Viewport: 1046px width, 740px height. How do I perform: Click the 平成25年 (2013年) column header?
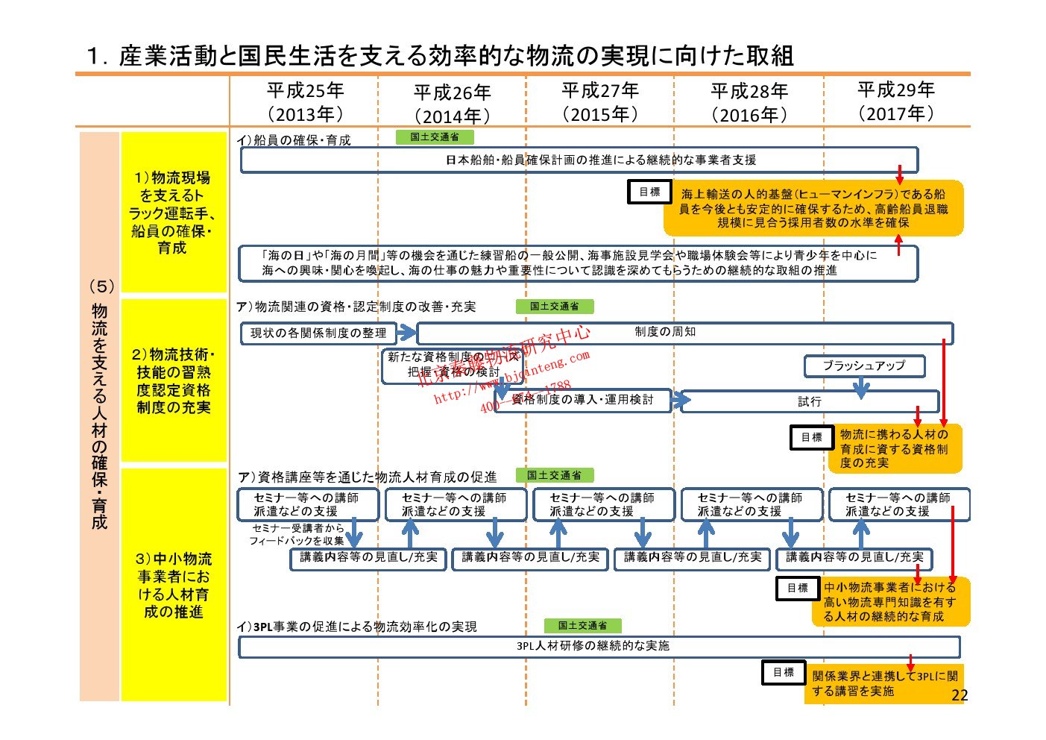coord(305,102)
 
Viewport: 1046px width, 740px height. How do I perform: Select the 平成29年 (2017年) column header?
coord(895,101)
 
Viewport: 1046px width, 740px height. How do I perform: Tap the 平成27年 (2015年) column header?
coord(600,102)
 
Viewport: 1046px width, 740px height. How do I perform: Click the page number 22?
coord(960,695)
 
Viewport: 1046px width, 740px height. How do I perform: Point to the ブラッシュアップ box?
coord(864,366)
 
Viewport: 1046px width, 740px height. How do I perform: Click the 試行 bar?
coord(810,401)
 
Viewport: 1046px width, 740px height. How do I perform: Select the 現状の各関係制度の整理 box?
coord(318,333)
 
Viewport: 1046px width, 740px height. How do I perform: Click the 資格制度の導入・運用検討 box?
coord(582,400)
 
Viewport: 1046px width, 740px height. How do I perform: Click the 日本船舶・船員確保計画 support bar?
coord(579,160)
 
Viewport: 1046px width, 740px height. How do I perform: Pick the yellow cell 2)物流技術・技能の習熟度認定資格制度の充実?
coord(173,380)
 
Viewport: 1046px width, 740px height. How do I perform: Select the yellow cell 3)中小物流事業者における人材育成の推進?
coord(173,585)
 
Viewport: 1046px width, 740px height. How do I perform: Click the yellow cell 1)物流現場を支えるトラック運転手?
coord(173,213)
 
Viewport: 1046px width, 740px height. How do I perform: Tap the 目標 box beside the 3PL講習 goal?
coord(783,672)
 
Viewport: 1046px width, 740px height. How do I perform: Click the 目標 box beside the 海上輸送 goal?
coord(649,192)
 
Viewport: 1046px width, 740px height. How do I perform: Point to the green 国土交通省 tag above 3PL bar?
coord(582,626)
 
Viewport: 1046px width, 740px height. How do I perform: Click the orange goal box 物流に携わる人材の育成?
coord(894,448)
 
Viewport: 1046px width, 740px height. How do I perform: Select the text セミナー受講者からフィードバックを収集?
coord(297,534)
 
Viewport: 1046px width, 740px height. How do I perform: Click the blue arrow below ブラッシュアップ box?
coord(861,387)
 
